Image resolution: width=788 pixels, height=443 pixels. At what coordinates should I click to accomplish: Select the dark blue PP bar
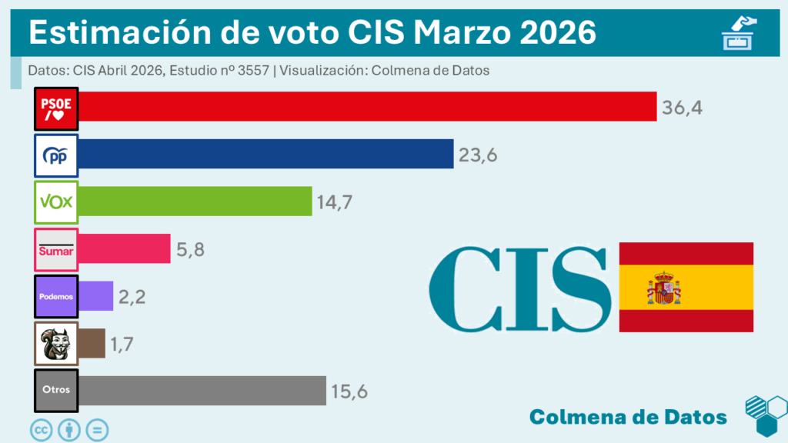click(266, 154)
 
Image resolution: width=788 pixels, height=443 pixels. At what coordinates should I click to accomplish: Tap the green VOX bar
click(195, 201)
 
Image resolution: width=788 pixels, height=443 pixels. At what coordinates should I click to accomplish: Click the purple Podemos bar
click(96, 295)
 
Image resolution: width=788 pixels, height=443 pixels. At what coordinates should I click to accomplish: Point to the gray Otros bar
click(202, 390)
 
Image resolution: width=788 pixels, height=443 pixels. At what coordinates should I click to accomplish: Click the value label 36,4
click(682, 108)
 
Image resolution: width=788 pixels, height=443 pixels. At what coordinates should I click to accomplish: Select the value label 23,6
click(478, 155)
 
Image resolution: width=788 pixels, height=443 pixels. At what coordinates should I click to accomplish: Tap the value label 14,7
click(336, 202)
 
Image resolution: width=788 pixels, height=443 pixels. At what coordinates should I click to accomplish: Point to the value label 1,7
click(123, 344)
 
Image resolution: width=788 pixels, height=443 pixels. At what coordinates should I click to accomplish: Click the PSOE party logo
click(56, 108)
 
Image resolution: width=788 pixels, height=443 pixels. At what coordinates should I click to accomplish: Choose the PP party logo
click(56, 155)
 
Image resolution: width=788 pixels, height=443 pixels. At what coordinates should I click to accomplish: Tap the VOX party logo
click(56, 202)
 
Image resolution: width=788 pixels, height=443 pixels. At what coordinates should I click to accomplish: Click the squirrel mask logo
click(56, 343)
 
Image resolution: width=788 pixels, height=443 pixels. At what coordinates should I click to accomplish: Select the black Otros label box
click(56, 390)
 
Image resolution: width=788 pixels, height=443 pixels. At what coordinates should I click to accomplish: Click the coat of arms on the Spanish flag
click(663, 288)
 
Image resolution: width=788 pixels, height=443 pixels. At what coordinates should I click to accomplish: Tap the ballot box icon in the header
click(739, 32)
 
